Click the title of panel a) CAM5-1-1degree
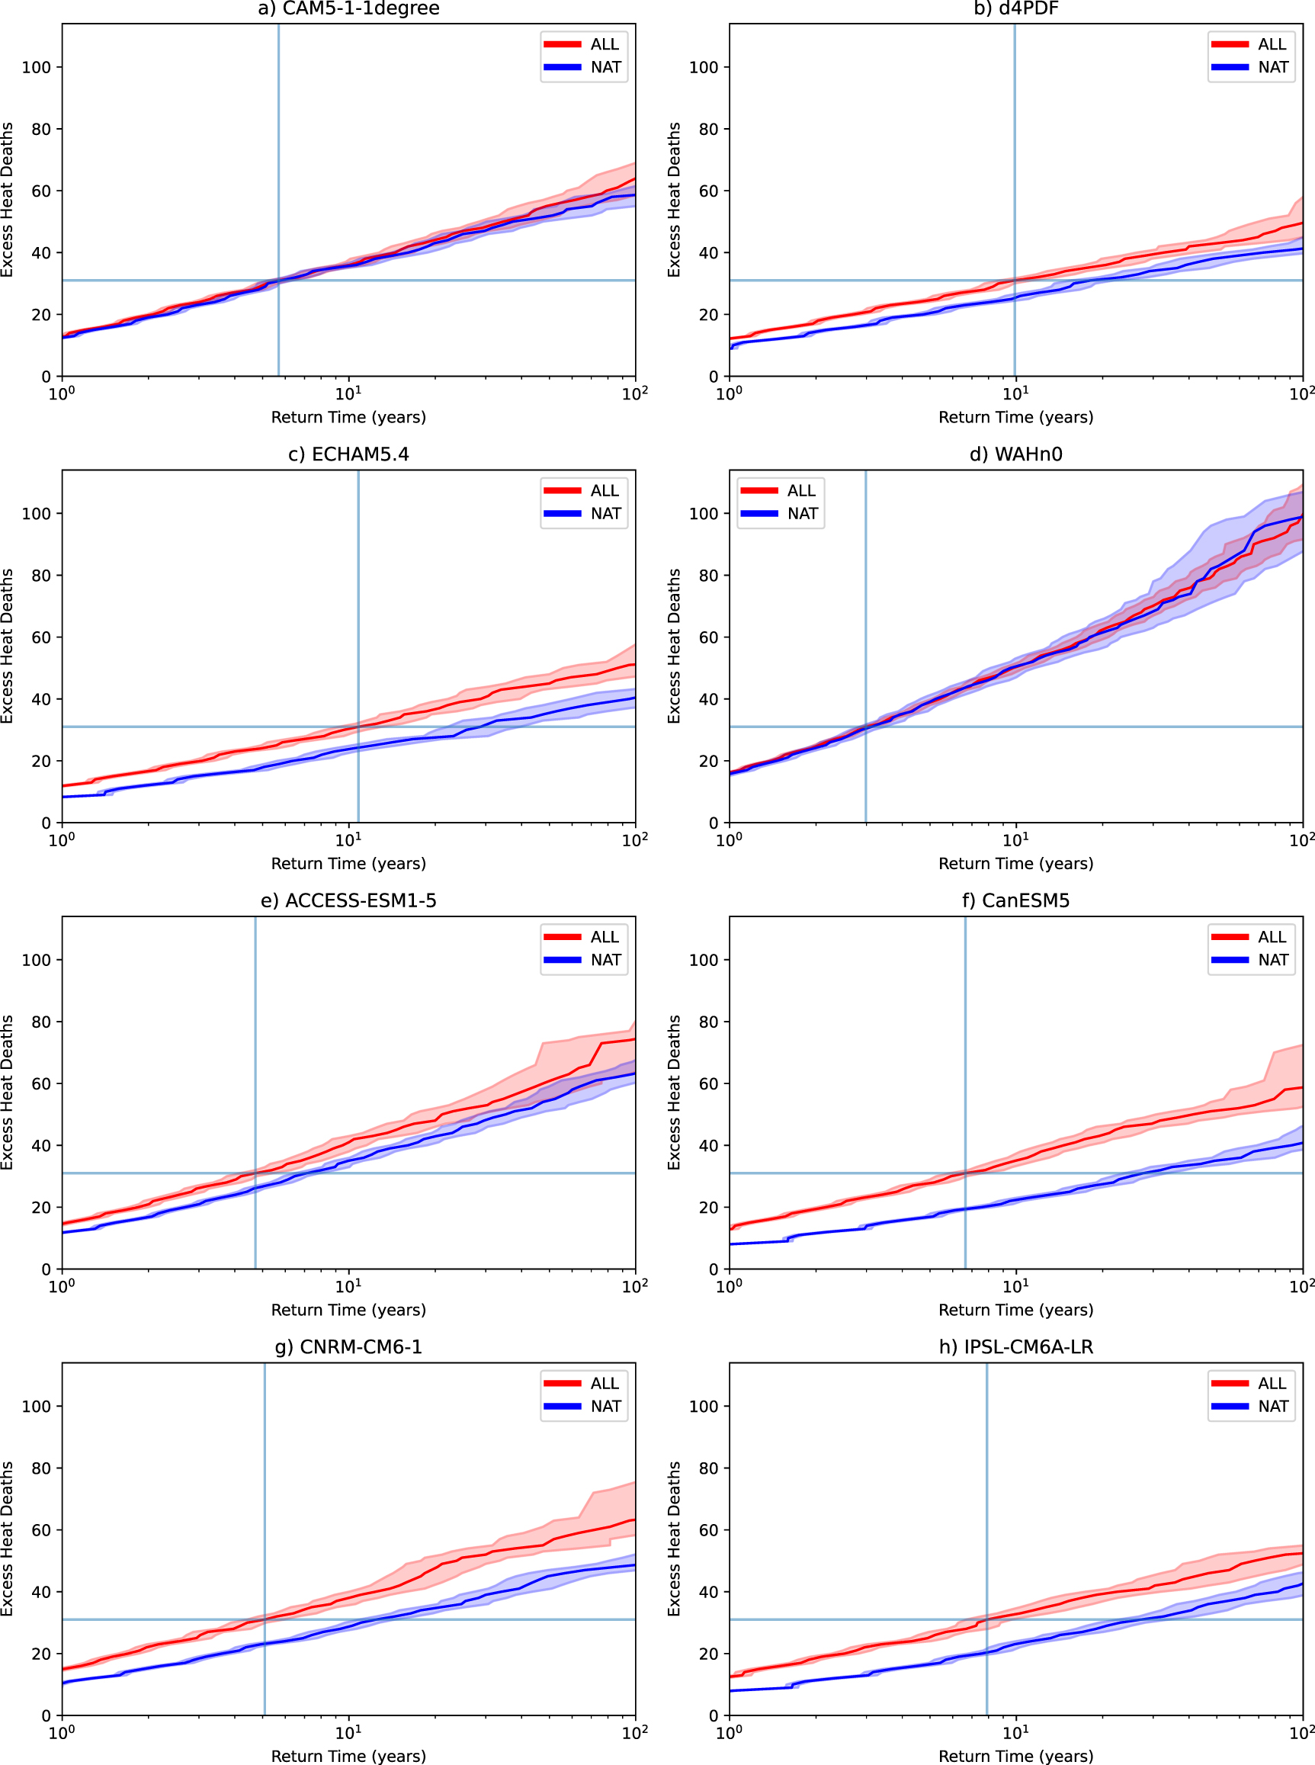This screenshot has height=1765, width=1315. tap(348, 8)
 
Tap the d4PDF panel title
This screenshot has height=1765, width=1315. tap(1015, 8)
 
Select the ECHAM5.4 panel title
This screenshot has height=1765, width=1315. tap(348, 454)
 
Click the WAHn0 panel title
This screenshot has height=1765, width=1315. tap(1015, 454)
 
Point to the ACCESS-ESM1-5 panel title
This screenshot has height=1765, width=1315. tap(348, 900)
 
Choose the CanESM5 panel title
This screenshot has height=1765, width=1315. tap(1015, 900)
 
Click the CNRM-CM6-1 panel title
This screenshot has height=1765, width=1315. tap(348, 1347)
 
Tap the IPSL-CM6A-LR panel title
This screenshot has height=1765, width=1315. tap(1015, 1347)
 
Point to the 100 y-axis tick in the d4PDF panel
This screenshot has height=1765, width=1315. tap(704, 68)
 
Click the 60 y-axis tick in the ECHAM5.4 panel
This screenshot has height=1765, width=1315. tap(41, 637)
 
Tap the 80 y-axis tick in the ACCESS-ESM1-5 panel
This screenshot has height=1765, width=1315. tap(41, 1022)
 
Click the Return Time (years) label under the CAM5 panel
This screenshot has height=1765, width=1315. tap(348, 417)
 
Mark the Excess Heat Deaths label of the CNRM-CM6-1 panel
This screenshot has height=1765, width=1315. tap(7, 1539)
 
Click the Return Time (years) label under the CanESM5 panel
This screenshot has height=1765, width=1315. tap(1015, 1310)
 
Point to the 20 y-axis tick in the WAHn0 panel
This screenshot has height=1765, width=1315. tap(708, 761)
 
